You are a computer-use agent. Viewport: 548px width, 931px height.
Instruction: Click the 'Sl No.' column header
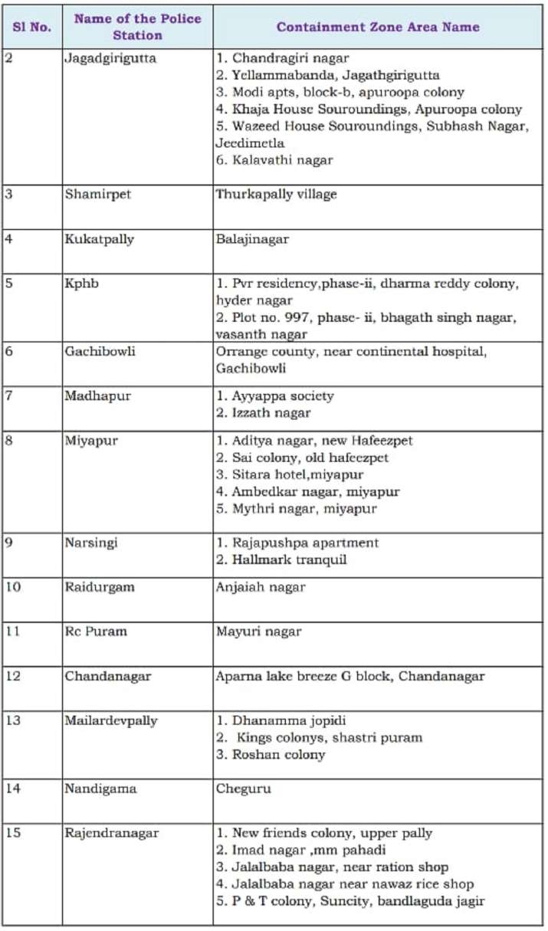click(31, 27)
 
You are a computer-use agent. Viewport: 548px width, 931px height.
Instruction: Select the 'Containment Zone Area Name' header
click(378, 27)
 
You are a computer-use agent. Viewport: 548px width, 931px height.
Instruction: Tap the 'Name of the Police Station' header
click(138, 27)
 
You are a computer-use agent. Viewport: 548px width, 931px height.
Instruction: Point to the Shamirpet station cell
click(98, 195)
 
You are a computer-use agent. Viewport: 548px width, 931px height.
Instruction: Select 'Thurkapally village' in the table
click(276, 195)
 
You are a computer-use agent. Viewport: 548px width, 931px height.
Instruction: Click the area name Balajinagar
click(252, 239)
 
